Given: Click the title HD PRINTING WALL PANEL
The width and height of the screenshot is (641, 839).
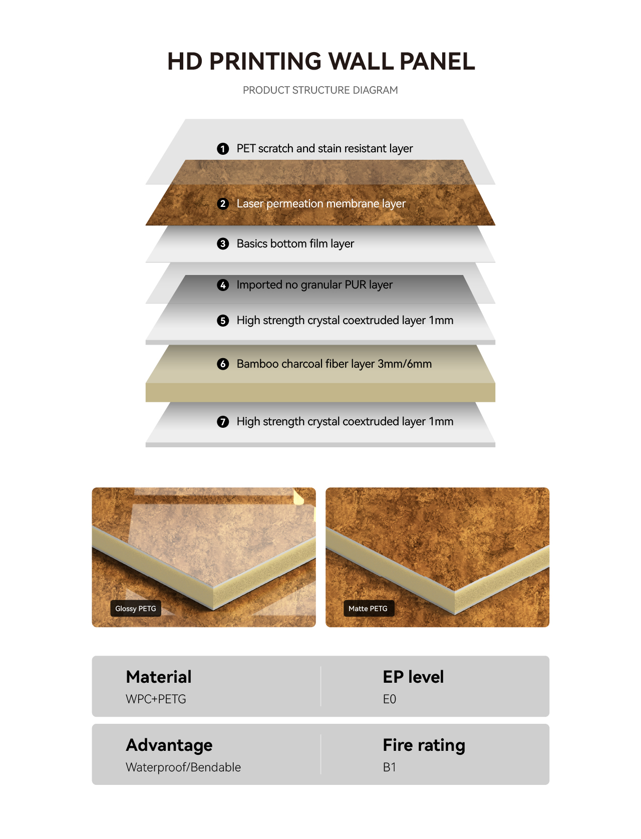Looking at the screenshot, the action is (x=321, y=61).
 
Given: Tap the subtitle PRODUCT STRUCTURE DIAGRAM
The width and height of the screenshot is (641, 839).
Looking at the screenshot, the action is (x=320, y=90).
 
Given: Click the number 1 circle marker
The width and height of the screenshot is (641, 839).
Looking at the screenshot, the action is (x=223, y=149).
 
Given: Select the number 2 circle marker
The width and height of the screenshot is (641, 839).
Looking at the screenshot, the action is (x=223, y=204).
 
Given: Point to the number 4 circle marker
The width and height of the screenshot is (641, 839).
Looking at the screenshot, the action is (x=223, y=285).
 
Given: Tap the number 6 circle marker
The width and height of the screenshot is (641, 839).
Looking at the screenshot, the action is (x=223, y=364).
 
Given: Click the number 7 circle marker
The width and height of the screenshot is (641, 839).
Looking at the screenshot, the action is (x=223, y=422).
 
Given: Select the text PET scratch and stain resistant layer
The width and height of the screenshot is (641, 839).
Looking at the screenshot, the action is (x=325, y=149).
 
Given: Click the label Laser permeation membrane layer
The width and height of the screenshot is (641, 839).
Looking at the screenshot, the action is (x=321, y=204).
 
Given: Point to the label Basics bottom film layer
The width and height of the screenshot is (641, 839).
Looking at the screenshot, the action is (x=295, y=243).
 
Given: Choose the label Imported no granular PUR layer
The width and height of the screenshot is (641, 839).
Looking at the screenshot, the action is (x=314, y=285).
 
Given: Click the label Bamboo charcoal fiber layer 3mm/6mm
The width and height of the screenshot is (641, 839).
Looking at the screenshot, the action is (x=334, y=364).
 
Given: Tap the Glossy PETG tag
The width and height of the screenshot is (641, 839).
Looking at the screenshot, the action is (x=136, y=609).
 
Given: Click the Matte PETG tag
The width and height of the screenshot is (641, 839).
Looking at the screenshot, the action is (x=369, y=609).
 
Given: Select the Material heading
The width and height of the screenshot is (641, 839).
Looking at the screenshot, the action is (x=159, y=677).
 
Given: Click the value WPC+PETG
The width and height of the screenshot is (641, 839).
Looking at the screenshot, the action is (x=156, y=699).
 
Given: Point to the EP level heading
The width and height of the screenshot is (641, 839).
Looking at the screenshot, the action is (x=413, y=677).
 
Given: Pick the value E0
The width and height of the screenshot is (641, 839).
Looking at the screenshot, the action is (x=390, y=699).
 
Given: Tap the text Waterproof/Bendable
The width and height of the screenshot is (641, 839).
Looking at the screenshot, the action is (x=183, y=767).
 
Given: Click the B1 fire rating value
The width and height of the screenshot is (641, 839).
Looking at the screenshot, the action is (x=390, y=767).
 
